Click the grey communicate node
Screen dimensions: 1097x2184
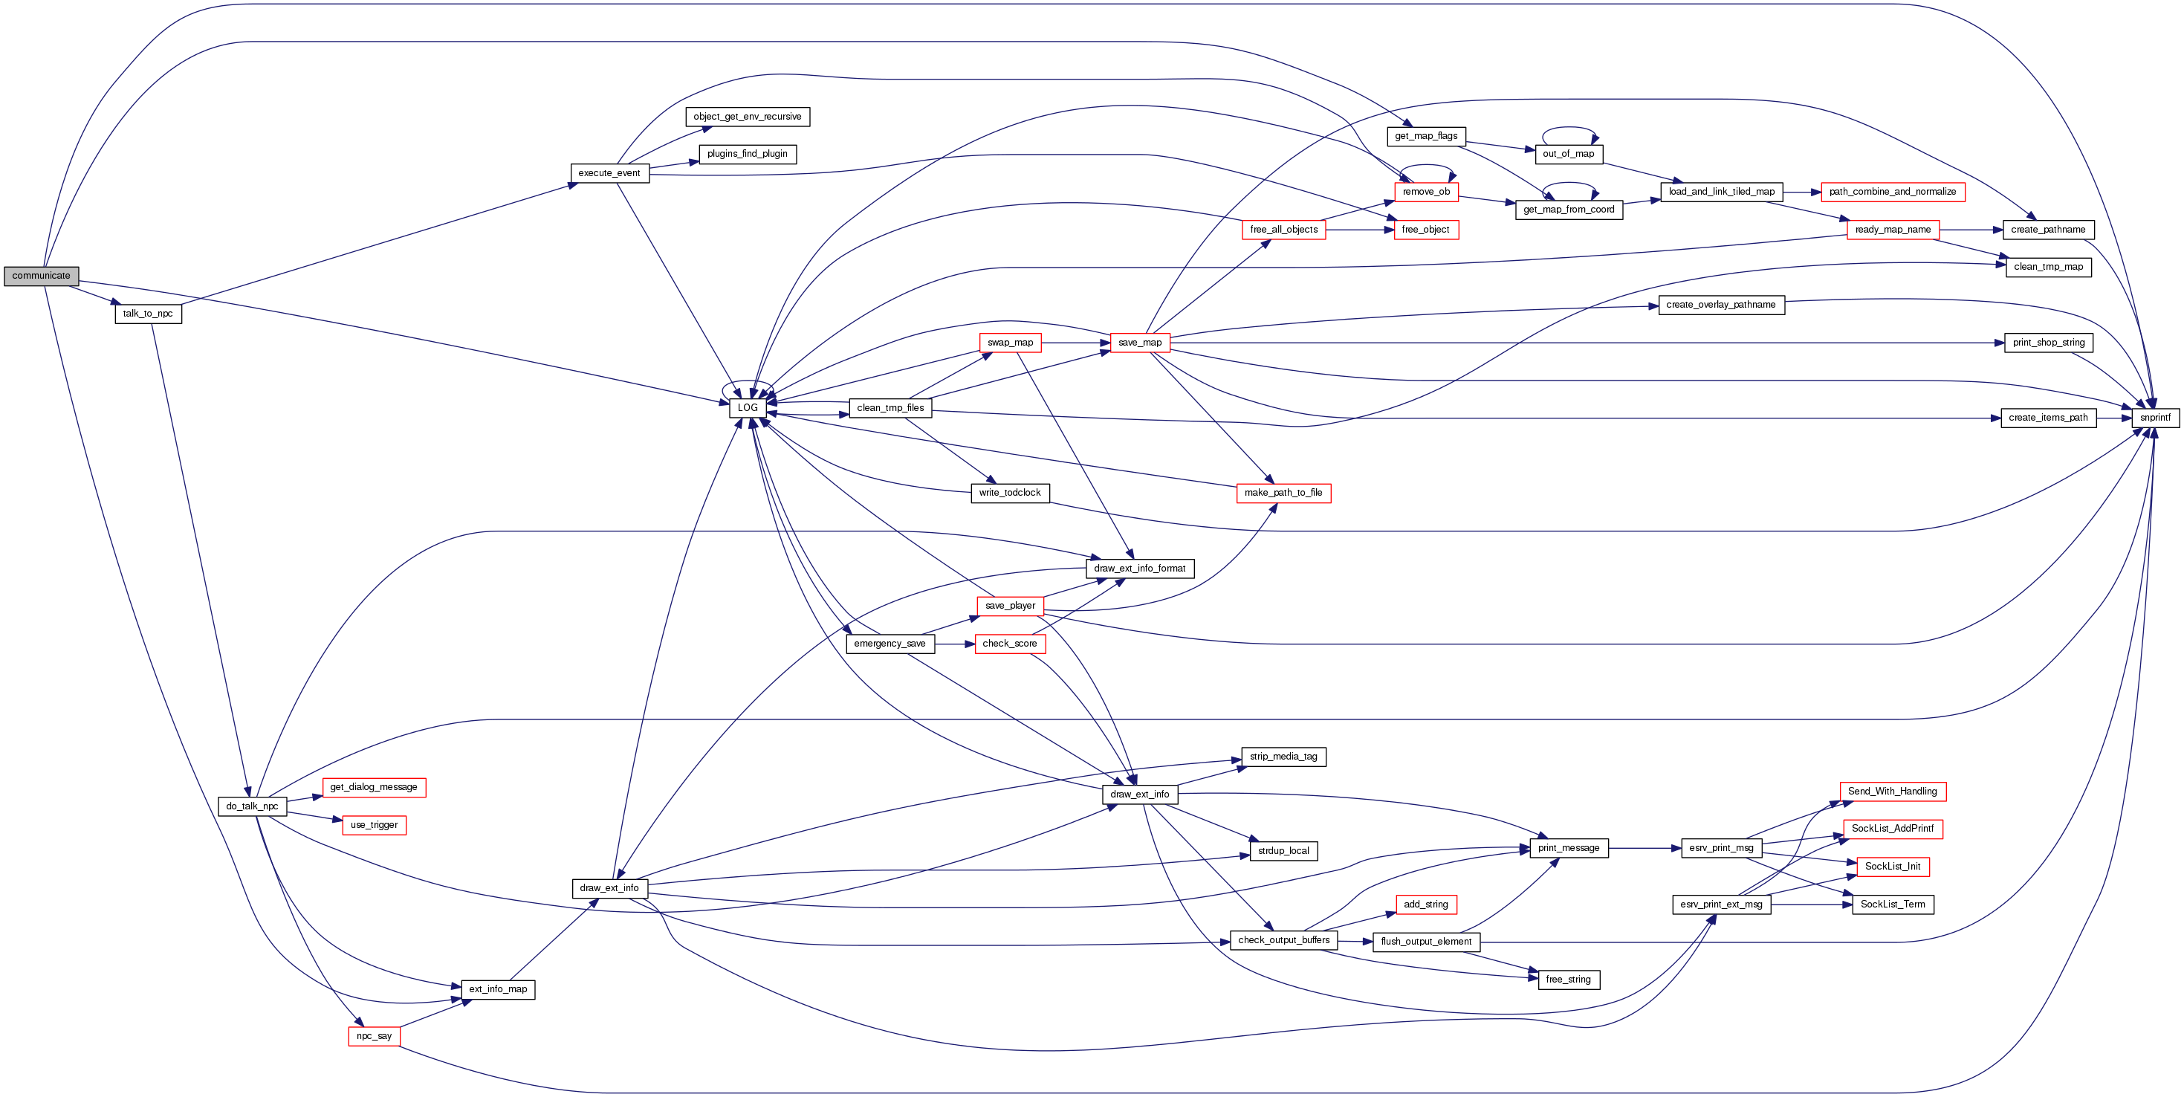pos(41,276)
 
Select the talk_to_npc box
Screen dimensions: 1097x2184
pos(149,314)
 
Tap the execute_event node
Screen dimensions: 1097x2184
pos(609,173)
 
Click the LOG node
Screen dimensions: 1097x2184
pos(747,408)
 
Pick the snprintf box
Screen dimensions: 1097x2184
pos(2154,418)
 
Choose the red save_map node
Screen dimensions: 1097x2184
pos(1139,343)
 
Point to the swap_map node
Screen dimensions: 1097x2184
pos(1010,343)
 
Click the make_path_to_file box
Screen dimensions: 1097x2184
pos(1283,493)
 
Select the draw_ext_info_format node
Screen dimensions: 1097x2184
pos(1139,569)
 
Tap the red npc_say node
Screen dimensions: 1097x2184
pos(374,1036)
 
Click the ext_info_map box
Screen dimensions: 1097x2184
pos(498,989)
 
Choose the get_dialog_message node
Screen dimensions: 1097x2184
pos(374,788)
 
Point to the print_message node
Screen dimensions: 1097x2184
pos(1569,848)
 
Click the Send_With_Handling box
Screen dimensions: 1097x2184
pos(1893,792)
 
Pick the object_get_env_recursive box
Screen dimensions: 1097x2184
pos(747,117)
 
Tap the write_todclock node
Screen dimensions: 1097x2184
pos(1010,493)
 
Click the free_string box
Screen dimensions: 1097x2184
pos(1568,980)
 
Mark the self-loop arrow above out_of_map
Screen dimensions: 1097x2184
pos(1569,129)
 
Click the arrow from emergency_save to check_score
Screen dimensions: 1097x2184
pos(955,644)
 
